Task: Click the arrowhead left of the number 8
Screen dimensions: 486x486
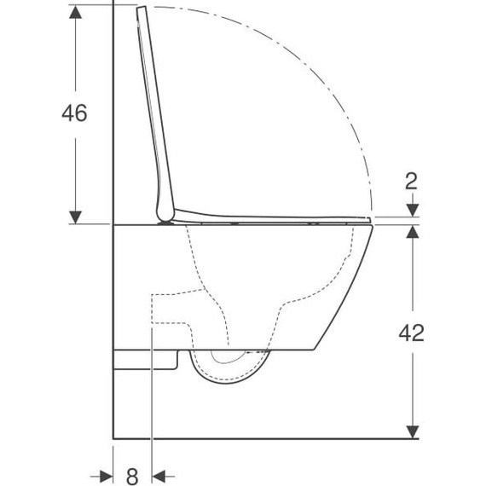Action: tap(105, 475)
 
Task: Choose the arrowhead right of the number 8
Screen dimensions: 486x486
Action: tap(160, 475)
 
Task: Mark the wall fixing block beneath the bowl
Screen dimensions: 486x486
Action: tap(145, 359)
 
